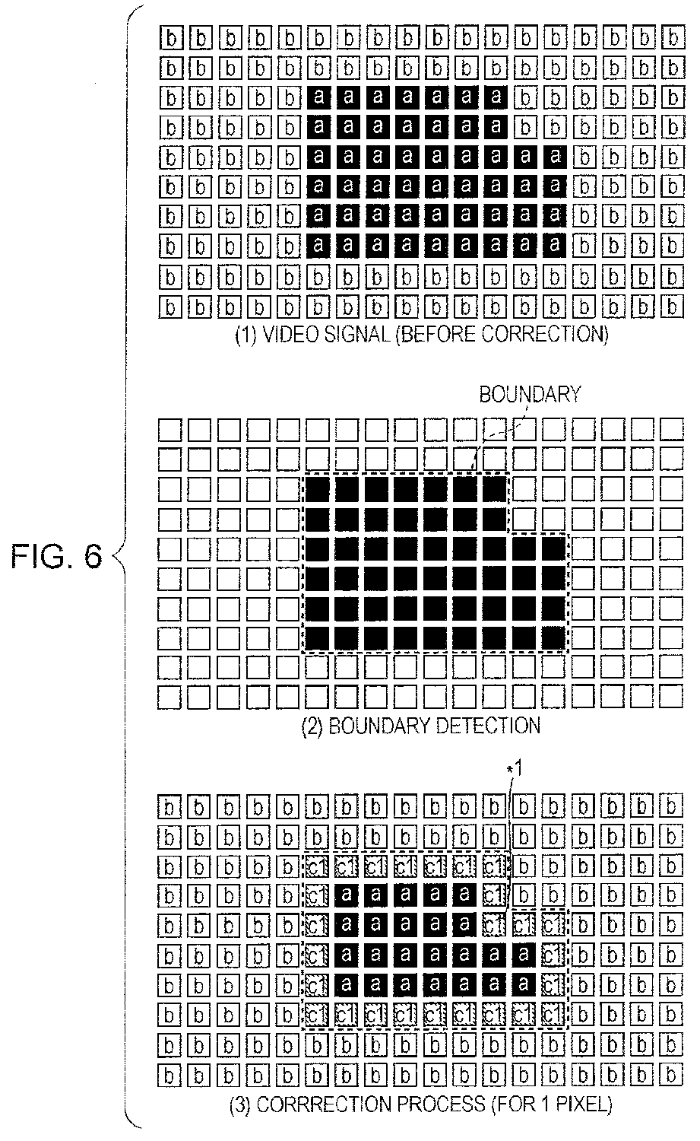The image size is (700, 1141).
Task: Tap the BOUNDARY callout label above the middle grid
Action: (529, 394)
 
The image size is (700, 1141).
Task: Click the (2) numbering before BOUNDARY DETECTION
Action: (312, 725)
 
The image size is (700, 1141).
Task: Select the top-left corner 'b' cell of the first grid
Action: (173, 38)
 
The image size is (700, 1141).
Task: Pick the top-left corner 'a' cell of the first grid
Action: (319, 97)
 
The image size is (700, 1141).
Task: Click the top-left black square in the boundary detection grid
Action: (318, 489)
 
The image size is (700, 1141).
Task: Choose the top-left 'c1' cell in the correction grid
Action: (318, 866)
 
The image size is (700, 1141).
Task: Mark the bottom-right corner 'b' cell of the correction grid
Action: (670, 1075)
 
